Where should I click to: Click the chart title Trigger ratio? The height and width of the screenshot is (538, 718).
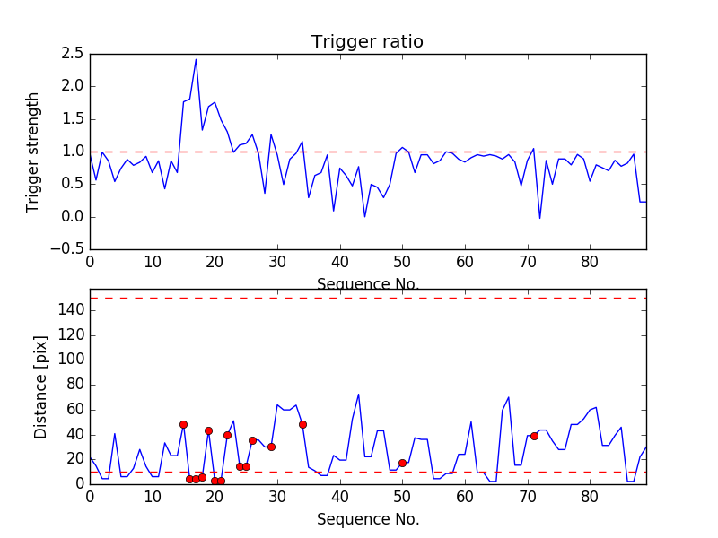pyautogui.click(x=367, y=42)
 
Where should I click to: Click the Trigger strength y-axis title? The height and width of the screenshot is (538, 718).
pyautogui.click(x=33, y=152)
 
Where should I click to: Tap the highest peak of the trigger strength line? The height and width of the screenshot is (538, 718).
pyautogui.click(x=196, y=59)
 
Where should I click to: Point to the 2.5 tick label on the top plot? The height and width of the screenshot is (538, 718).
pyautogui.click(x=74, y=54)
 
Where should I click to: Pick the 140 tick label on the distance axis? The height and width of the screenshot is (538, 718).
pyautogui.click(x=71, y=310)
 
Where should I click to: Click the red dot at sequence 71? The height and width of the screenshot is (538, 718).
pyautogui.click(x=534, y=436)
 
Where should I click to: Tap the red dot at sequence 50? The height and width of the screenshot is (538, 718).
pyautogui.click(x=402, y=463)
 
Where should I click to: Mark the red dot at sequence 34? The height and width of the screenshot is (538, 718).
pyautogui.click(x=302, y=424)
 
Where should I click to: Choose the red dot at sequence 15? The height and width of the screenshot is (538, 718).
pyautogui.click(x=183, y=424)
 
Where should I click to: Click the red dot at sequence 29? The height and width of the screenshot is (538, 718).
pyautogui.click(x=271, y=447)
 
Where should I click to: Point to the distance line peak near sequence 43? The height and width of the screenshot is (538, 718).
pyautogui.click(x=358, y=395)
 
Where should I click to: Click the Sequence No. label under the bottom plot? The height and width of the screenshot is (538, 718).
pyautogui.click(x=367, y=519)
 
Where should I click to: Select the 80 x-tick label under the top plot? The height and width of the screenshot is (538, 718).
pyautogui.click(x=590, y=263)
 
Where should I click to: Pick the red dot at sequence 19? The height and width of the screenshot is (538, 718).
pyautogui.click(x=208, y=430)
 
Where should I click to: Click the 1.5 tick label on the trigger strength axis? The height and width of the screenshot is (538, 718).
pyautogui.click(x=74, y=119)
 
